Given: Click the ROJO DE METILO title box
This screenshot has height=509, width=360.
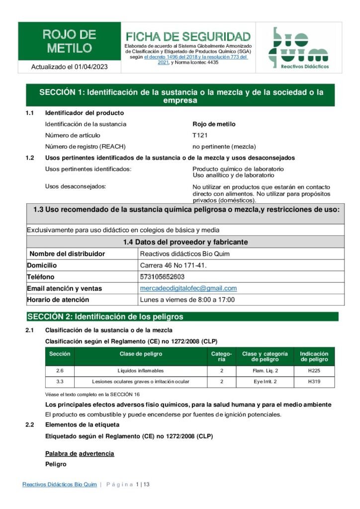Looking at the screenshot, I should click(x=70, y=41).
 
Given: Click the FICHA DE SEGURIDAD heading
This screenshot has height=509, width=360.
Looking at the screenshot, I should click(x=188, y=37).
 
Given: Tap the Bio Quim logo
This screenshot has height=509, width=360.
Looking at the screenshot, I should click(x=298, y=48).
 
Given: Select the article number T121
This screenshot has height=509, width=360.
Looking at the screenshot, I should click(x=200, y=135).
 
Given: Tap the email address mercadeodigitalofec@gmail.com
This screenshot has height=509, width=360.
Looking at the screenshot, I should click(x=188, y=288).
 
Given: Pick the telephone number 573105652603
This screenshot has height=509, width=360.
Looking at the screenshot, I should click(x=162, y=277).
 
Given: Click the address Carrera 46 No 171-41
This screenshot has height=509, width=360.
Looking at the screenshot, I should click(x=173, y=265).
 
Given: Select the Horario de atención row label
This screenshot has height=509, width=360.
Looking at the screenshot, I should click(x=58, y=300).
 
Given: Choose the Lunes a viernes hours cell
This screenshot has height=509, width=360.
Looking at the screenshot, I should click(x=187, y=300).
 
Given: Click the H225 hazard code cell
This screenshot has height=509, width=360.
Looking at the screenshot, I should click(x=314, y=371).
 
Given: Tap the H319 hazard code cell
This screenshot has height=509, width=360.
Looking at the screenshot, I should click(x=314, y=382).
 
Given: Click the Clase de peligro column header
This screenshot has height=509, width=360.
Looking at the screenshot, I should click(x=141, y=354).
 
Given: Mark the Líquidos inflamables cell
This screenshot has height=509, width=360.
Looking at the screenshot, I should click(x=141, y=371).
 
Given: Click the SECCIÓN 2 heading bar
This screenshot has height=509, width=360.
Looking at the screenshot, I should click(x=182, y=317).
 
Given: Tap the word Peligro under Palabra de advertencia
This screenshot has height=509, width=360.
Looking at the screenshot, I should click(x=56, y=464).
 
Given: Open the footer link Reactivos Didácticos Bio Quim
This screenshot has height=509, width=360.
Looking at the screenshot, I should click(x=59, y=485).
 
